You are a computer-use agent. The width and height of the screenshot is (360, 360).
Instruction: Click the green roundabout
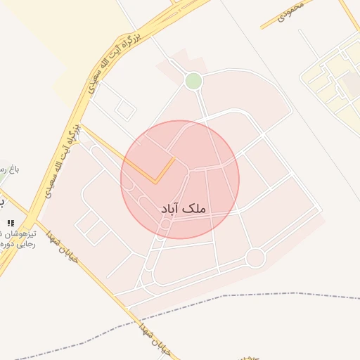click(193, 82)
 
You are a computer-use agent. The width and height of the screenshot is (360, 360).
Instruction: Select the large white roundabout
click(255, 258)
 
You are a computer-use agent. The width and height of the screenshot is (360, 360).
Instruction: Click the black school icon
click(10, 224)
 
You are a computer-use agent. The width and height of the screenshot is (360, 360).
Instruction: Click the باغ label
click(10, 169)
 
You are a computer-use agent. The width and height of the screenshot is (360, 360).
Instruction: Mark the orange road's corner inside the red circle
click(155, 183)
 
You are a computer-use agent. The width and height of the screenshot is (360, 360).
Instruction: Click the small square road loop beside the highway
click(125, 110)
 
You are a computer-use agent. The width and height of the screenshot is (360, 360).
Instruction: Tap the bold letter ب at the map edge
click(2, 202)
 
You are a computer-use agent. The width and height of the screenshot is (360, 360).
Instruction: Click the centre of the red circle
click(180, 179)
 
